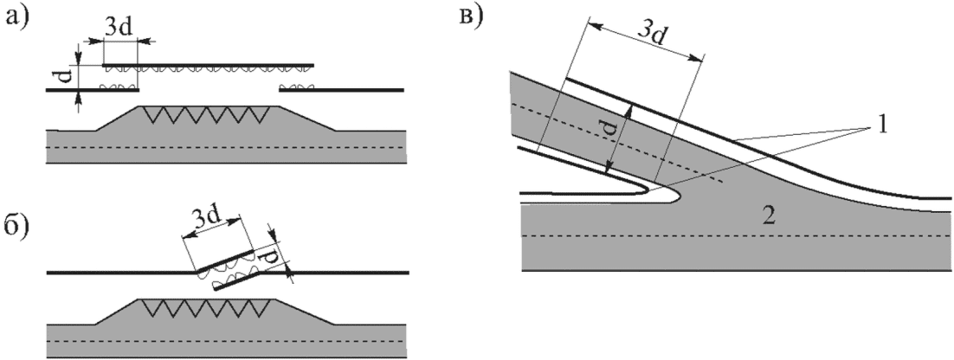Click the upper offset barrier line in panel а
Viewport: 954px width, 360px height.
click(208, 64)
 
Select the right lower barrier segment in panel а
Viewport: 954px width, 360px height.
click(341, 90)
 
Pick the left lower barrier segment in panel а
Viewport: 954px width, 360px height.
click(93, 90)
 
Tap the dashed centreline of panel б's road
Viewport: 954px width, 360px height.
click(226, 341)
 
